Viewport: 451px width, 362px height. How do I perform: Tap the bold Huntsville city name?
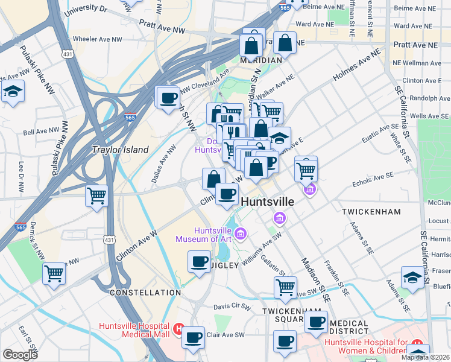pos(268,202)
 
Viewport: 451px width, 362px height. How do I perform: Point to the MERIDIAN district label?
pos(260,60)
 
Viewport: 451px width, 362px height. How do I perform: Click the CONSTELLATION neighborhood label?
pos(145,292)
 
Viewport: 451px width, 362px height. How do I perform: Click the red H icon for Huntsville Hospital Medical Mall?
pos(178,329)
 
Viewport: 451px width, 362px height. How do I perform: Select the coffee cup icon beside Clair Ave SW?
pos(194,338)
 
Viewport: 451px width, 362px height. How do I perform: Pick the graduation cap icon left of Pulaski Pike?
pos(12,92)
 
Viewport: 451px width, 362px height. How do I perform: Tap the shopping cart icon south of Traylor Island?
pos(96,196)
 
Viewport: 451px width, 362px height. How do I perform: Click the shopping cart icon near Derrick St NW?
pos(54,273)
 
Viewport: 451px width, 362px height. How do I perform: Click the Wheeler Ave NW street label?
pos(97,39)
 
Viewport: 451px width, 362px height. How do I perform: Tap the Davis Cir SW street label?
pos(233,307)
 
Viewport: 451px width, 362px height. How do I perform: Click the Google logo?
pos(20,355)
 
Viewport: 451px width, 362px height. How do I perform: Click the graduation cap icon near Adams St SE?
pos(412,277)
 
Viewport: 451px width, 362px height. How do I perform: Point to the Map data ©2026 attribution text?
pos(424,357)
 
